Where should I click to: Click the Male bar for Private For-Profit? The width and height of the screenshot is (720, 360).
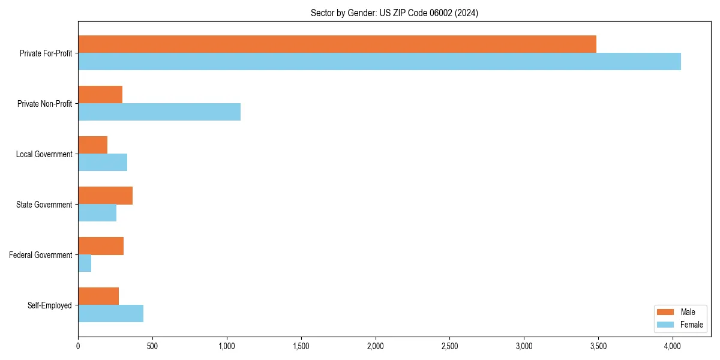[x=337, y=44]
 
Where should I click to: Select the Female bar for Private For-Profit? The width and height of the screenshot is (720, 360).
[x=379, y=62]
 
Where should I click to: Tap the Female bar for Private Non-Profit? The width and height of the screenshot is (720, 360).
[x=159, y=112]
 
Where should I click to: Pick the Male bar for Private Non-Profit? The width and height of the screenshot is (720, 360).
[x=100, y=95]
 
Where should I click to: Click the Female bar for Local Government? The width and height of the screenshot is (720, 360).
[x=103, y=163]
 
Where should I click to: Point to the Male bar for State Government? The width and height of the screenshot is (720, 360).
[x=105, y=196]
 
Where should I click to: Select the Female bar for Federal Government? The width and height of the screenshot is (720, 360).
[x=85, y=263]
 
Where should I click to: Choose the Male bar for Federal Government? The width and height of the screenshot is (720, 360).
[x=101, y=246]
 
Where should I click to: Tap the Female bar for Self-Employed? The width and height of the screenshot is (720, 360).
[x=110, y=314]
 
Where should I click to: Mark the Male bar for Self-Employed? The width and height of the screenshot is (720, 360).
[x=98, y=296]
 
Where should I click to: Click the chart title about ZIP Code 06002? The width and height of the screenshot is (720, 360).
[x=394, y=13]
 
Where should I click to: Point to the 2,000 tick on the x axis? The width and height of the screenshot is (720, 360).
[x=375, y=346]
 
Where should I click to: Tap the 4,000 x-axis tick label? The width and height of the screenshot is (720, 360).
[x=673, y=346]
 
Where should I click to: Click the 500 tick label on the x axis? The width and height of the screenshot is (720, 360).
[x=152, y=346]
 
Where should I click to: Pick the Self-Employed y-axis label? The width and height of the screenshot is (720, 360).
[x=49, y=305]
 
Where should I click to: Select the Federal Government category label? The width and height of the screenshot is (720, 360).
[x=40, y=255]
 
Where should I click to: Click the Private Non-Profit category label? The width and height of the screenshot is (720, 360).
[x=44, y=104]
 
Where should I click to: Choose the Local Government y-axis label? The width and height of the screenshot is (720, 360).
[x=44, y=154]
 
